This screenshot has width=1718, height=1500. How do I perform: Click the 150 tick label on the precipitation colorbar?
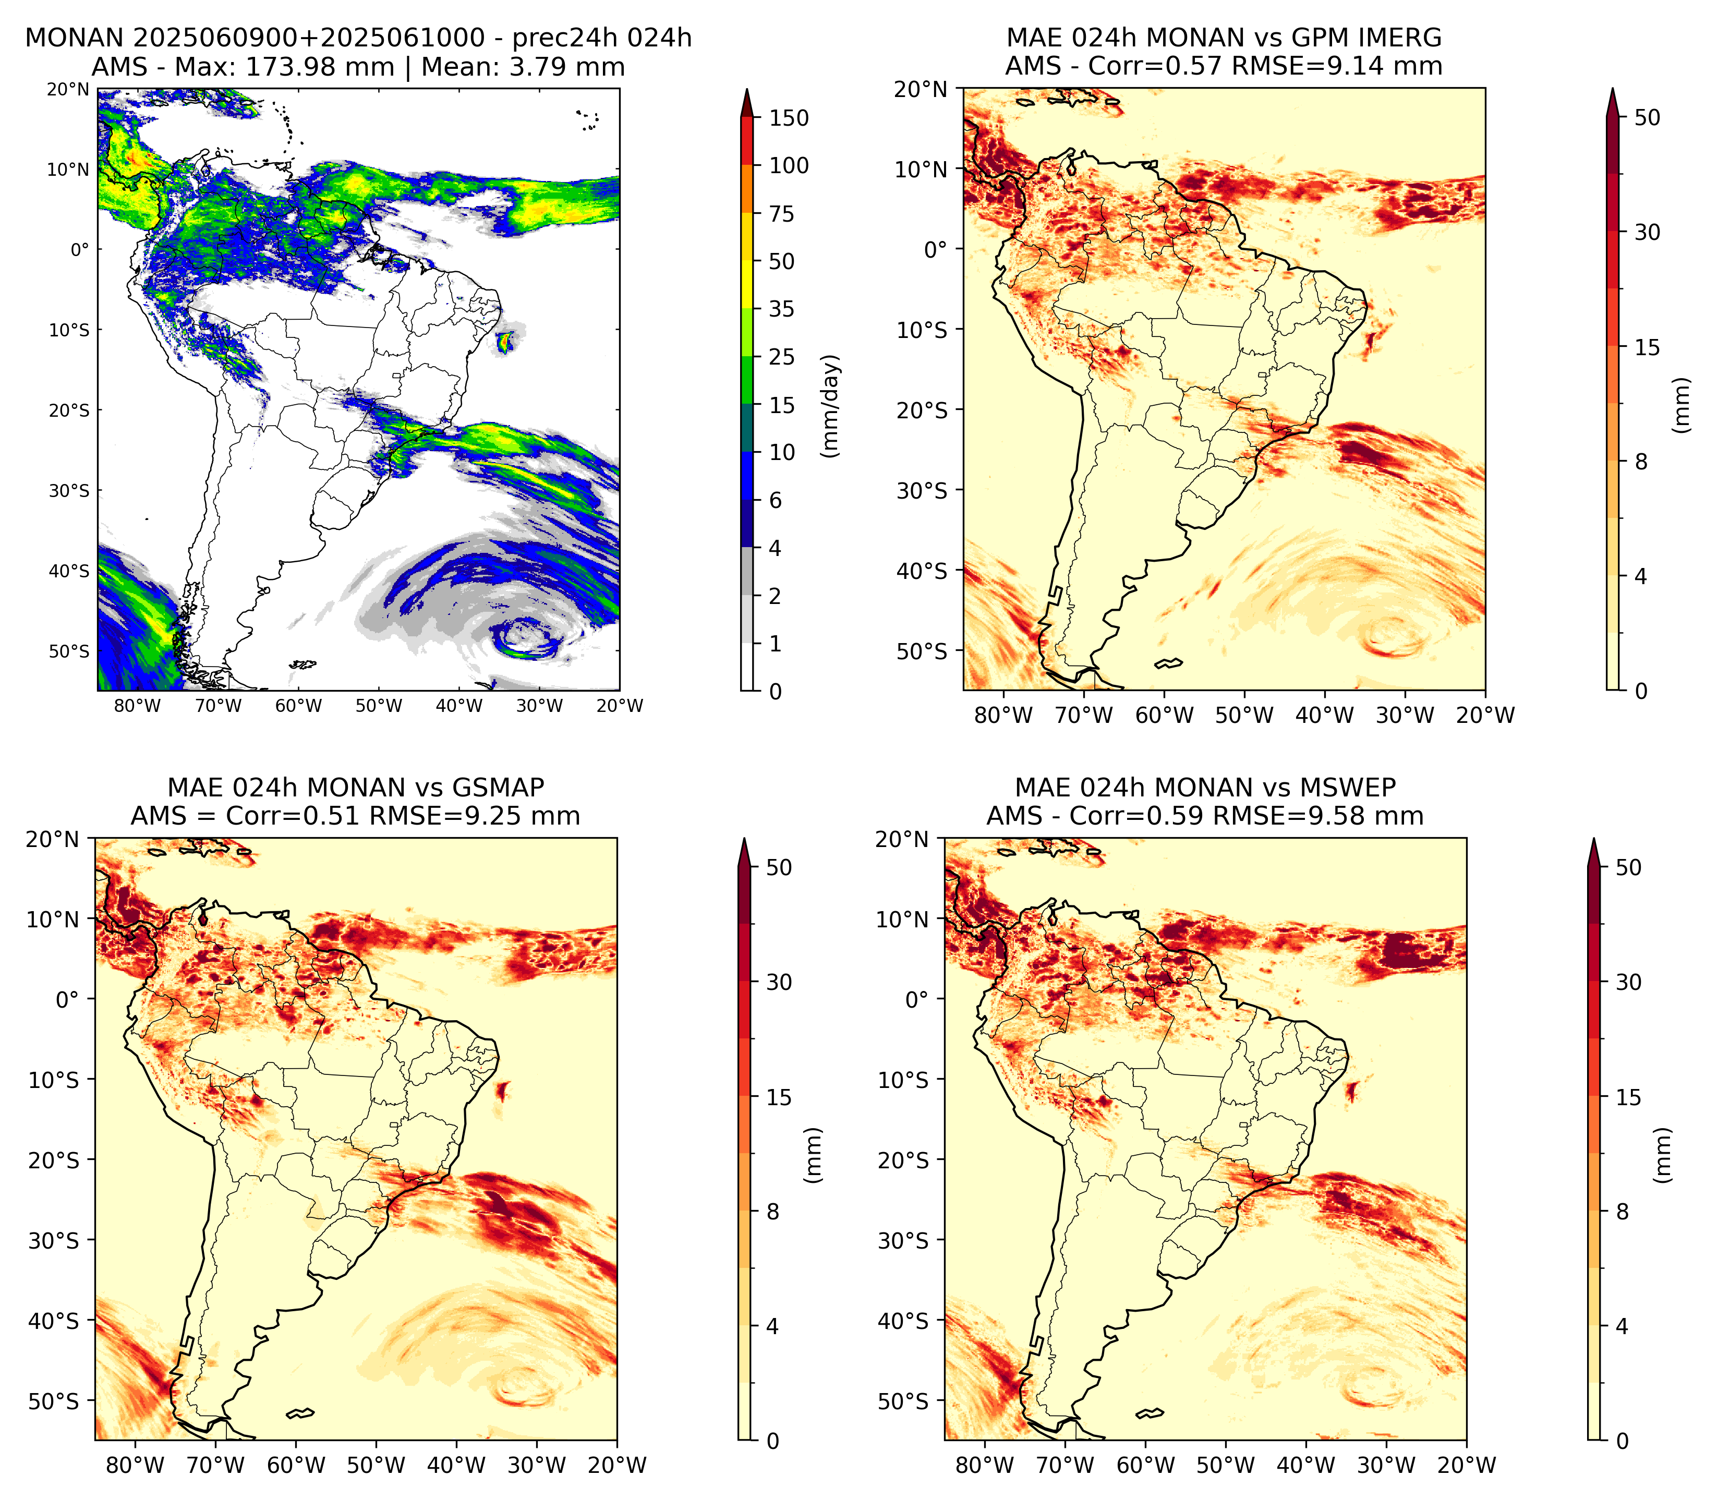789,118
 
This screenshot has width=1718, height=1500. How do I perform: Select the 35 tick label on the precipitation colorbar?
782,309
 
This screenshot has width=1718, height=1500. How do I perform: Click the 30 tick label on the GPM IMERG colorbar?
1647,232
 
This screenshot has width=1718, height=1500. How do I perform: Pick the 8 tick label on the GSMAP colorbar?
773,1211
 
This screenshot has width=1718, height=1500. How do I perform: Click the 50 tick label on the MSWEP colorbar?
1628,867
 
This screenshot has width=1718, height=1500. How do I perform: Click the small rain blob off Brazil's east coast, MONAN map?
505,342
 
